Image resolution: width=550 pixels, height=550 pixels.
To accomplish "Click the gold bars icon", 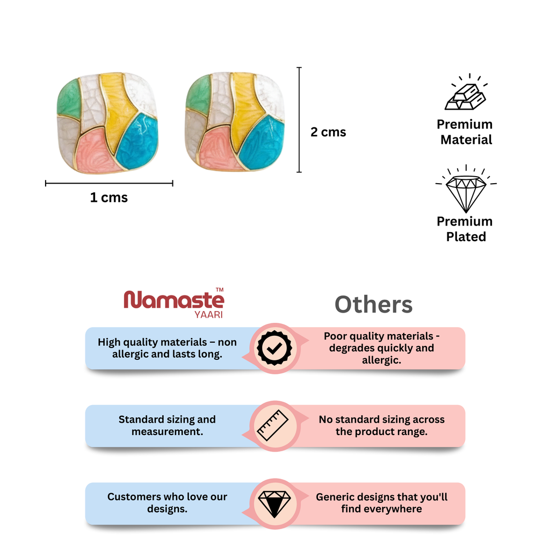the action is [466, 92].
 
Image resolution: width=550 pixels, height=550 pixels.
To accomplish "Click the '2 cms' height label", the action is [328, 132].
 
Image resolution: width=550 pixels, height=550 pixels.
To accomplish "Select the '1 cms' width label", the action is [108, 198].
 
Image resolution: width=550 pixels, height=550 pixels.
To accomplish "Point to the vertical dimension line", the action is [299, 120].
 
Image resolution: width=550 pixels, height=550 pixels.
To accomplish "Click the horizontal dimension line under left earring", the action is [109, 183].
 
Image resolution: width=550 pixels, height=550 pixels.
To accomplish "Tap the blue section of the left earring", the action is [137, 140].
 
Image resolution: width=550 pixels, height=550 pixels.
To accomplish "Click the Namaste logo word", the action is [173, 300].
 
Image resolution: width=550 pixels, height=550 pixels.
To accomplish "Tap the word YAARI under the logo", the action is [209, 315].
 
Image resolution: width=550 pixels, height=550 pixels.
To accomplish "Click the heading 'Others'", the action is [374, 305].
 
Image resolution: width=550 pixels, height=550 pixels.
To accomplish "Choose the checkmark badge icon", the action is [274, 348].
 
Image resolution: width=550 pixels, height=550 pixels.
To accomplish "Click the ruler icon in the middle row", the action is [273, 425].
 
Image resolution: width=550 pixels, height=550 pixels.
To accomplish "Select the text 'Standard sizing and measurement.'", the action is [168, 425].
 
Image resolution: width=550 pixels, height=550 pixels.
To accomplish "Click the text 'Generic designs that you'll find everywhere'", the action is [382, 503].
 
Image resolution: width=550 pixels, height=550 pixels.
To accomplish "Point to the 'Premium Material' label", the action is [465, 132].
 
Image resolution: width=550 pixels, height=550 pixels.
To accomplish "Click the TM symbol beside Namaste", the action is [220, 290].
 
